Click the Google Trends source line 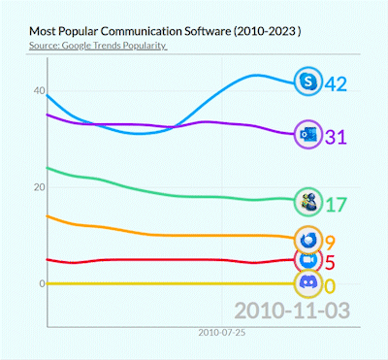[97, 46]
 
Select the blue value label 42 [337, 84]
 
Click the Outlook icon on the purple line [309, 135]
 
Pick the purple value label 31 [336, 137]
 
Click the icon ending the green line [309, 201]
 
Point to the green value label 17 [336, 205]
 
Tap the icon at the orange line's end [309, 239]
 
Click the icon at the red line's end [309, 260]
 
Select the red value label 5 [331, 262]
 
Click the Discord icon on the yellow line [309, 283]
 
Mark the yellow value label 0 [331, 285]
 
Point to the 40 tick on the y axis [38, 90]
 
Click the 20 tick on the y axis [38, 187]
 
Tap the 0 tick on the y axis [41, 283]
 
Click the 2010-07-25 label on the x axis [222, 332]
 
